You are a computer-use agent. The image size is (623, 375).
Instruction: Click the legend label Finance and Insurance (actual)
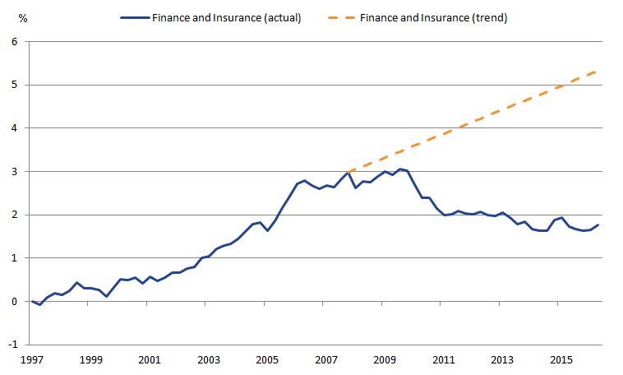(x=225, y=18)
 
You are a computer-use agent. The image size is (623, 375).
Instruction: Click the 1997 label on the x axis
(x=31, y=360)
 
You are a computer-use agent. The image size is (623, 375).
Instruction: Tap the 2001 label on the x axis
(x=149, y=360)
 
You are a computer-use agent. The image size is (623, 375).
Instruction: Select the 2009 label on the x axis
(x=385, y=360)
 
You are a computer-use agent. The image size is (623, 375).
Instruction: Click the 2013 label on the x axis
(x=502, y=360)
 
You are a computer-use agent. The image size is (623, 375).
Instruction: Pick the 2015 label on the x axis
(x=561, y=360)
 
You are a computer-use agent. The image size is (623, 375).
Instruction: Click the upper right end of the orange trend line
(x=598, y=71)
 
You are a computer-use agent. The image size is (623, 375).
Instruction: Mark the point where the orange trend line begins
(x=348, y=171)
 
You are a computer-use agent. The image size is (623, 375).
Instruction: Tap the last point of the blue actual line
(x=598, y=225)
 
